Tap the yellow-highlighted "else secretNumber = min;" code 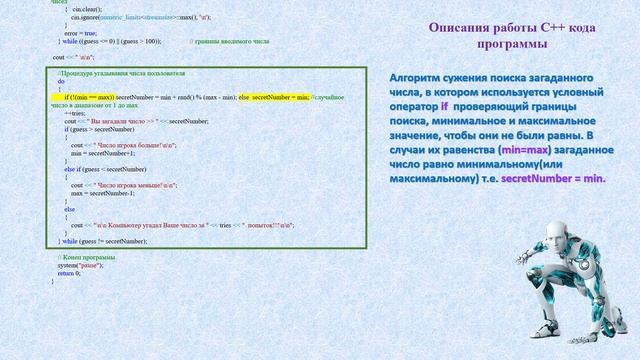[x=274, y=96]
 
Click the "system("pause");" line [x=77, y=264]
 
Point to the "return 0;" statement [x=68, y=272]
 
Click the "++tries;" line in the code [x=75, y=113]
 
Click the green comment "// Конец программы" [x=80, y=256]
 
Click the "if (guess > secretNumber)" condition [x=99, y=129]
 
